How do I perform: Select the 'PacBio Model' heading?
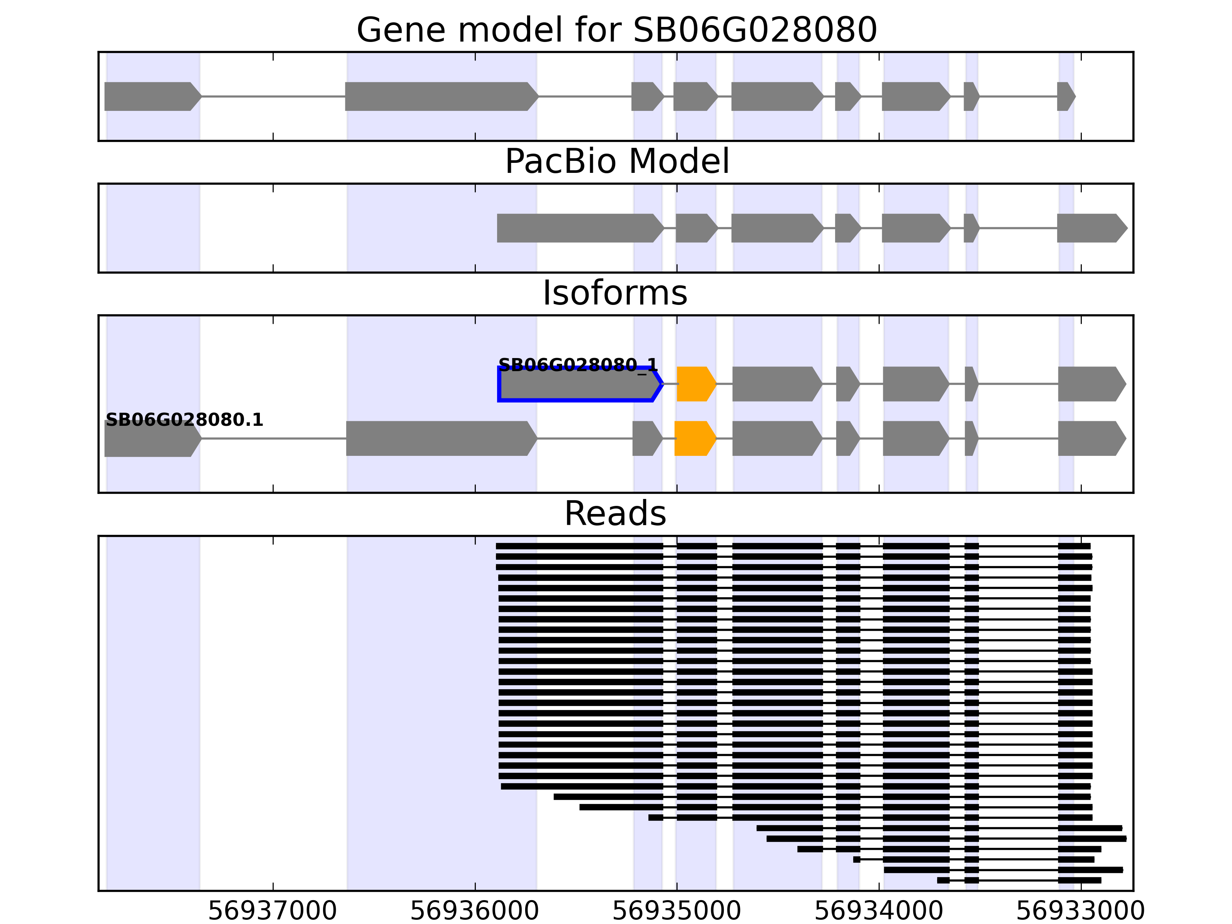coord(616,162)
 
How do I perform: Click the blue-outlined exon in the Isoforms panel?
coord(579,384)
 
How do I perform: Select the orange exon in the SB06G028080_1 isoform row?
coord(695,384)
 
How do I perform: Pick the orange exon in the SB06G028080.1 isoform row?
coord(694,439)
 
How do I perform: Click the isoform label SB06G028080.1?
coord(184,420)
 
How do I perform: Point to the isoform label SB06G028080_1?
coord(577,365)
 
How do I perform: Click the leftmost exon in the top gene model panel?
coord(151,96)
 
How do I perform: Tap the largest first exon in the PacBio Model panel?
coord(579,228)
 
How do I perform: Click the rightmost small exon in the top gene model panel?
coord(1065,96)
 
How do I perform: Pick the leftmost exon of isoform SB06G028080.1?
coord(151,439)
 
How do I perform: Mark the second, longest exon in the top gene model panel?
coord(440,96)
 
